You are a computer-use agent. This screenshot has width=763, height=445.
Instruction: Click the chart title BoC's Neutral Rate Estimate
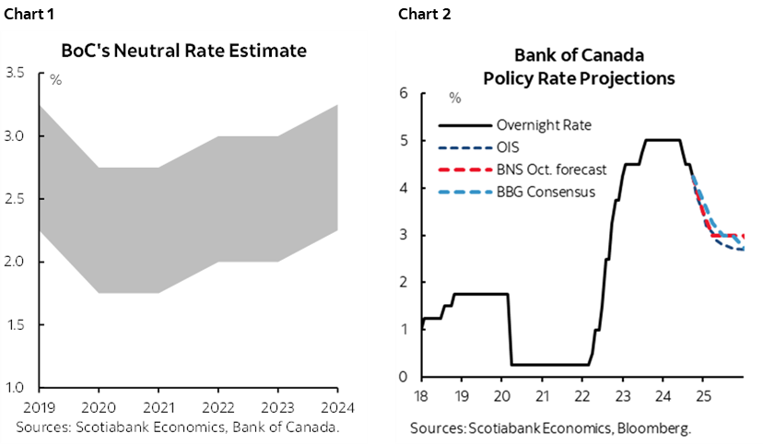point(183,51)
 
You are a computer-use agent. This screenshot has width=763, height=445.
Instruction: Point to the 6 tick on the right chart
point(402,93)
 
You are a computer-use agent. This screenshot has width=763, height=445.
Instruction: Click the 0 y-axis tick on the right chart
point(402,377)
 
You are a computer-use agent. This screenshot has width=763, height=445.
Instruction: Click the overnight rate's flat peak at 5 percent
point(663,140)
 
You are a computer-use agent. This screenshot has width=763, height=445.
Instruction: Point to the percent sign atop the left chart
point(55,81)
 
